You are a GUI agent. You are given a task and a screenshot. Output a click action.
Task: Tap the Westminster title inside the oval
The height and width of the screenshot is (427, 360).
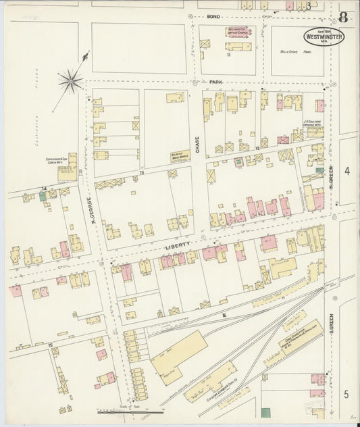[322, 35]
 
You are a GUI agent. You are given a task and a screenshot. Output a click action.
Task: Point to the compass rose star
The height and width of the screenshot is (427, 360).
[70, 81]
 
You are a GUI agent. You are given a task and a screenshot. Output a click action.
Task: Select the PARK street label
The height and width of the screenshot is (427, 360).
[216, 82]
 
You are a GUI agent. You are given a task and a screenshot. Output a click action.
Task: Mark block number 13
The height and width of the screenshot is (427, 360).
[142, 174]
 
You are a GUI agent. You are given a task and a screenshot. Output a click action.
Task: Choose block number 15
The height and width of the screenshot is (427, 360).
[51, 345]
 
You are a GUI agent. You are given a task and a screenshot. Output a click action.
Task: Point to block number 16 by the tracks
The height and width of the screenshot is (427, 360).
[224, 315]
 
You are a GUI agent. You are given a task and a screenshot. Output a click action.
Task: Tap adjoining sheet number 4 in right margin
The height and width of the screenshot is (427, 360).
[346, 172]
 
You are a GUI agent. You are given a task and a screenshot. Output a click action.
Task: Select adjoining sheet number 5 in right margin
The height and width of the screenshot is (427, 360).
[346, 394]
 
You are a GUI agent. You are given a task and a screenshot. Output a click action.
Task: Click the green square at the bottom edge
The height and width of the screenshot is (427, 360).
[265, 412]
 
